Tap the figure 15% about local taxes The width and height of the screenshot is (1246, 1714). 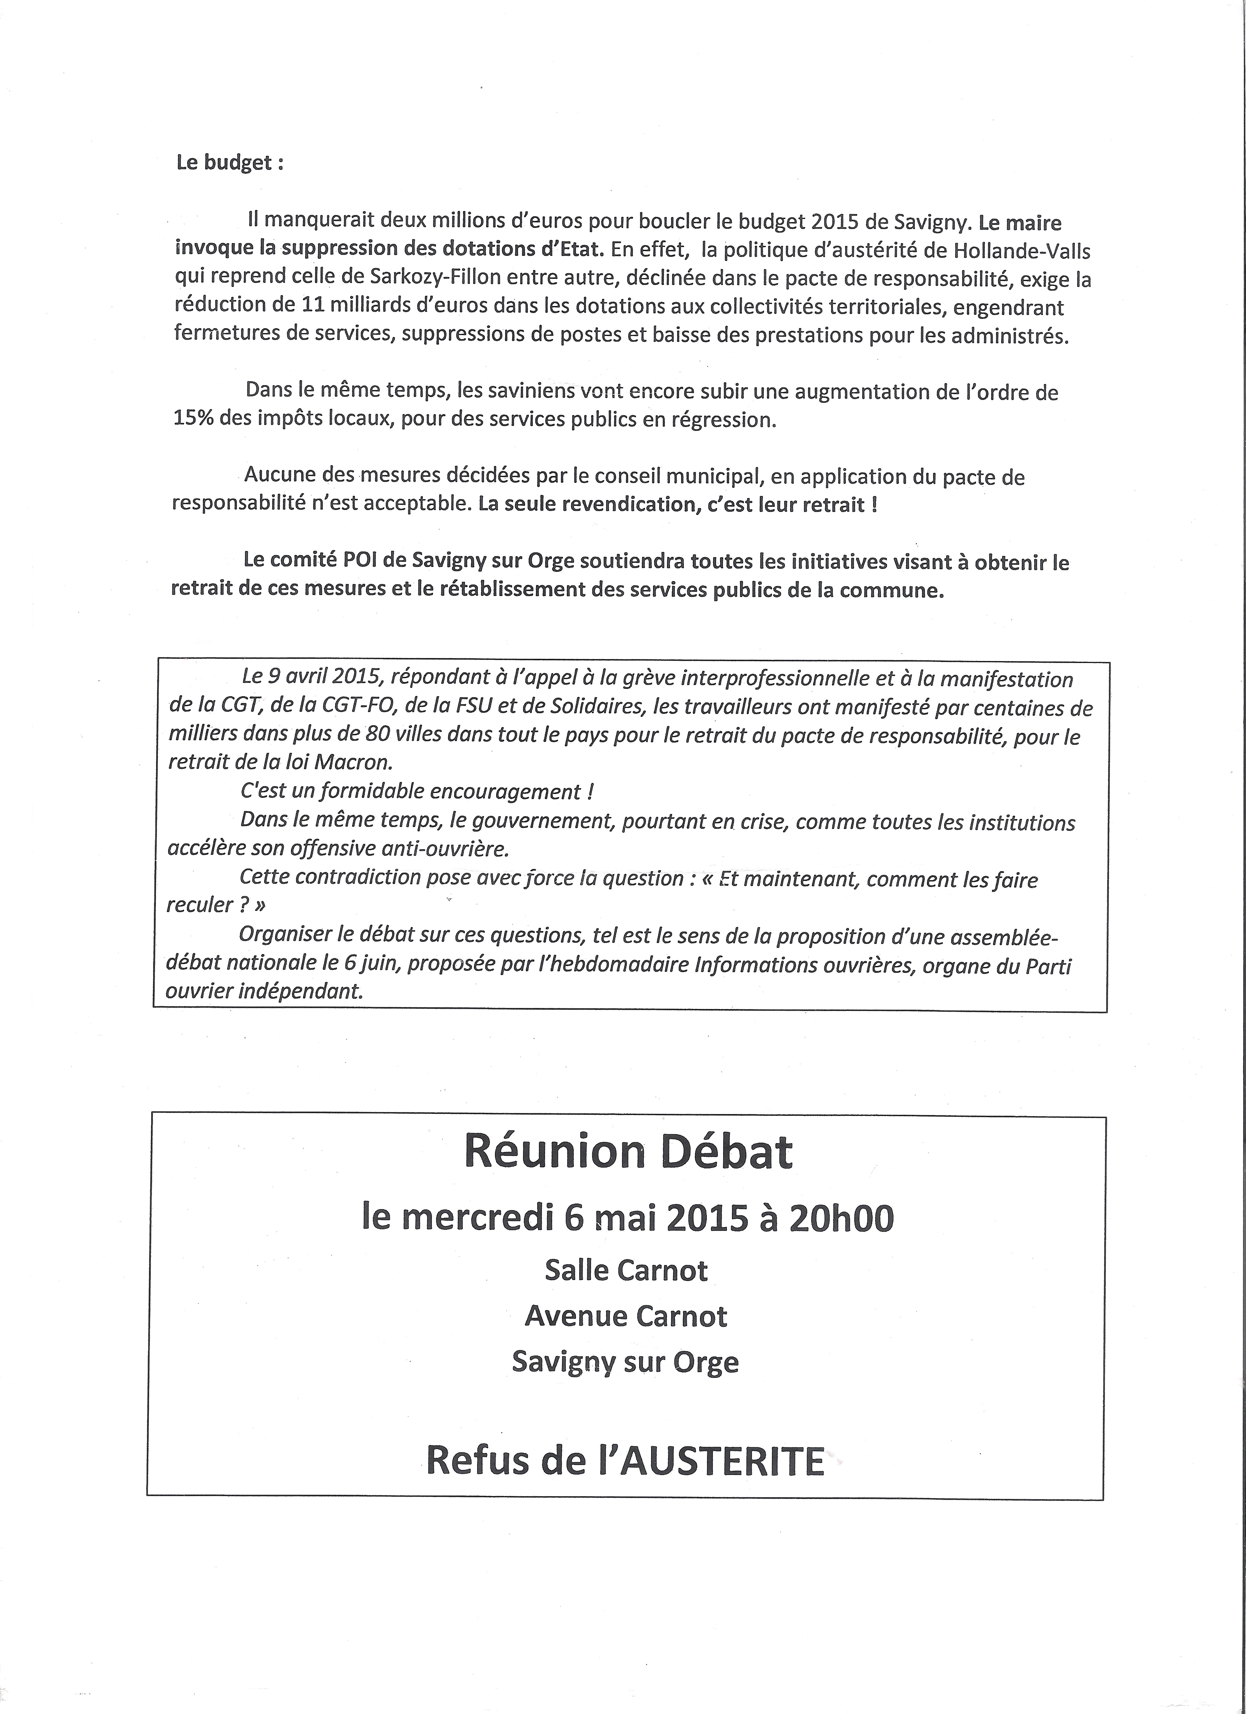coord(193,419)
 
